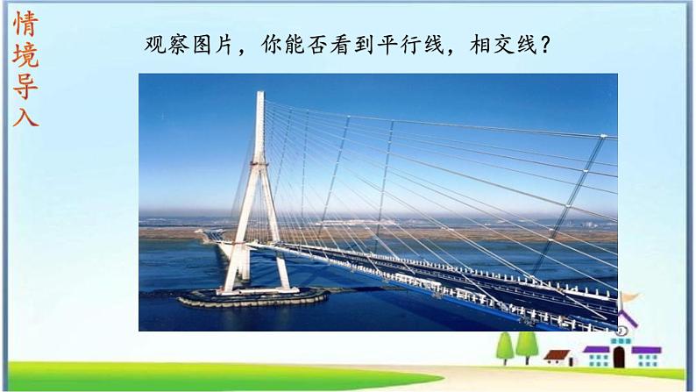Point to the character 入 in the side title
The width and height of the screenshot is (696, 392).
click(x=25, y=115)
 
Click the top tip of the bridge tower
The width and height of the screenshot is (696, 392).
click(x=259, y=92)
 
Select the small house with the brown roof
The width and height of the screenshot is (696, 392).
click(x=557, y=355)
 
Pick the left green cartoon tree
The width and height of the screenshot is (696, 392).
click(x=505, y=346)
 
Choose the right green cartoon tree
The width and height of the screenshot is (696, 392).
click(x=526, y=344)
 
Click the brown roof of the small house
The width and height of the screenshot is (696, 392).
click(x=557, y=351)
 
